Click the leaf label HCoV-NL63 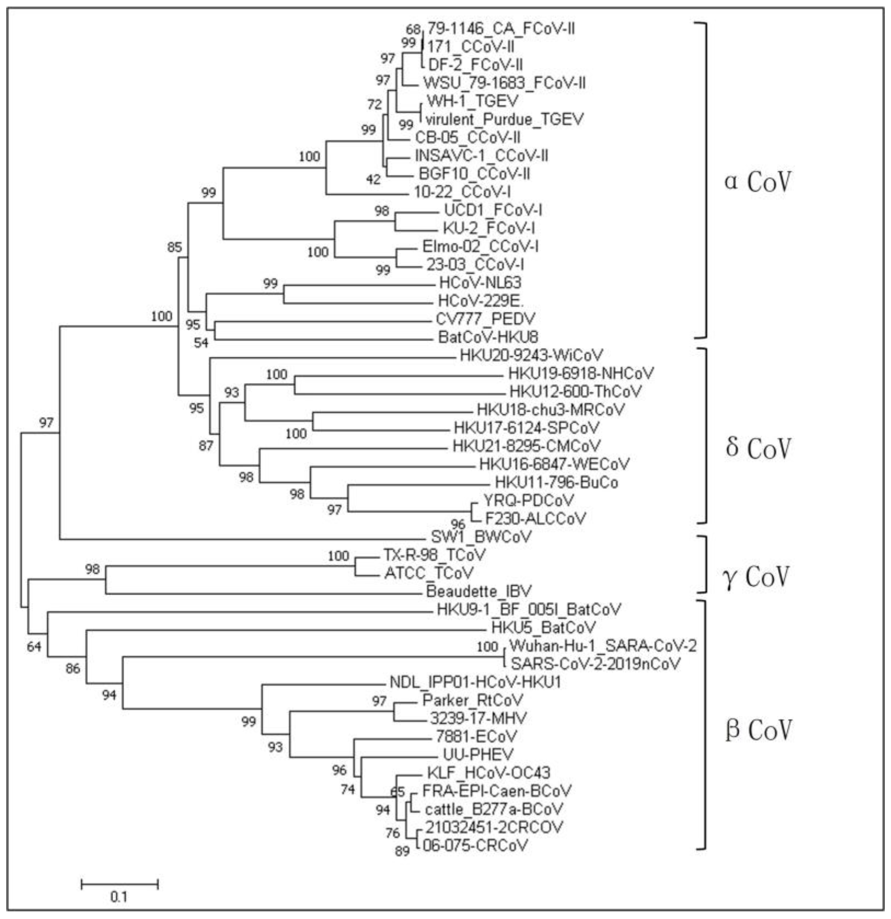(480, 282)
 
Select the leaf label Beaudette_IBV (479, 591)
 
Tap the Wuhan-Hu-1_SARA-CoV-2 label (603, 646)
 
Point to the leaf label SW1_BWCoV (481, 536)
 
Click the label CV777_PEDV (485, 319)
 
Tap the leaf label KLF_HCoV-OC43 (488, 772)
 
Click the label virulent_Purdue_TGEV (504, 120)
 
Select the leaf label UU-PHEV (478, 754)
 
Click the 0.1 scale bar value (119, 897)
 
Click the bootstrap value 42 (373, 179)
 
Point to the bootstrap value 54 (201, 343)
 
